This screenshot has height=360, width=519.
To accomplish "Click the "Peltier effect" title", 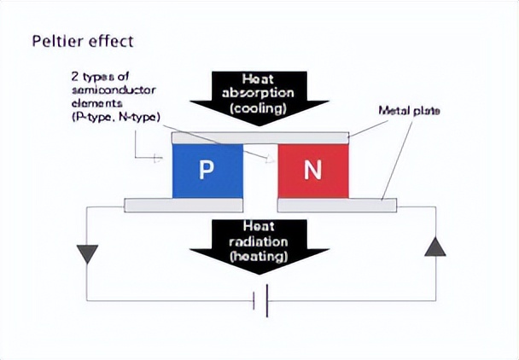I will coord(82,40).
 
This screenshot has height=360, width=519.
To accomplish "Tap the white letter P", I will coord(206,170).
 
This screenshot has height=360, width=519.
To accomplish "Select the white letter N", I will coord(312,170).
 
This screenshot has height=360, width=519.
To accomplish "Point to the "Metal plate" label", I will coord(409,111).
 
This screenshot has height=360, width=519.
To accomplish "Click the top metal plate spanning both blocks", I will coord(259,136).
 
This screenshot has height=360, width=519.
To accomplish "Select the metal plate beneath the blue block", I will coord(183,205).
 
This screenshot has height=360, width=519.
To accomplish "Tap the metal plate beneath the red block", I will coord(337,205).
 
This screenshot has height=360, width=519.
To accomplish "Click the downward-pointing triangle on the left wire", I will coord(87,253).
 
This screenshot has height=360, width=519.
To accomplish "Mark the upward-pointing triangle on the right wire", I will coord(435,247).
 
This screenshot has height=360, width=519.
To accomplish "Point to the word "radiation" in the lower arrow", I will coord(258,241).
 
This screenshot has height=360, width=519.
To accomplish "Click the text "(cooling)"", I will coord(258,108).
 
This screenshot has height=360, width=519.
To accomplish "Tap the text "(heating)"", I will coord(258,254).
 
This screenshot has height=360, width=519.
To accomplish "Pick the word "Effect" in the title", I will coord(113,40).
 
